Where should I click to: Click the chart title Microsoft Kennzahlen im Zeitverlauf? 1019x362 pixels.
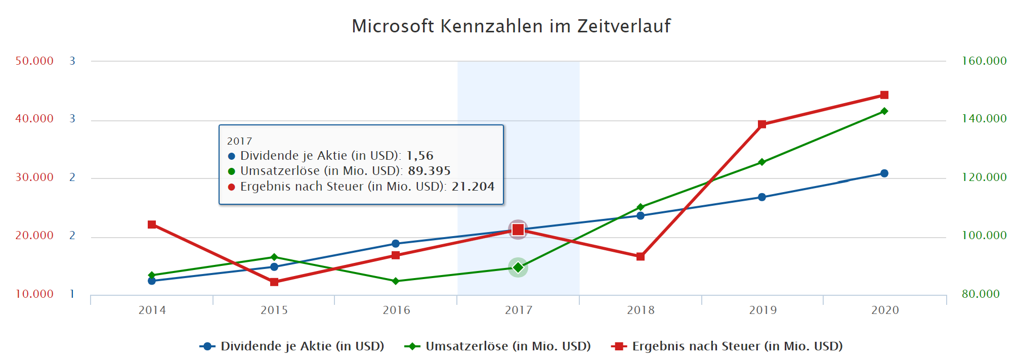click(x=511, y=26)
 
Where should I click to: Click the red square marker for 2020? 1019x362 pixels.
click(x=884, y=95)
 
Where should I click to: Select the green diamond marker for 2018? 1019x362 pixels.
click(x=640, y=207)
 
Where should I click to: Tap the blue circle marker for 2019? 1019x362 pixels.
click(x=761, y=197)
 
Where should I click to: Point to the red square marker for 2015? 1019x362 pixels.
click(x=274, y=282)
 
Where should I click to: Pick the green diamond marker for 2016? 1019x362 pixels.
click(x=396, y=281)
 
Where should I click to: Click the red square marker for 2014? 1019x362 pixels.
click(x=152, y=224)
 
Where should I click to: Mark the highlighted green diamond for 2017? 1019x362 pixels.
click(x=518, y=267)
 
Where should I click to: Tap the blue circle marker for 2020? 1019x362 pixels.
click(x=884, y=173)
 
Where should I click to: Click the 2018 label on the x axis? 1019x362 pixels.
click(x=641, y=310)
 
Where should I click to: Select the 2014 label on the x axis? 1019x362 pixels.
click(x=152, y=310)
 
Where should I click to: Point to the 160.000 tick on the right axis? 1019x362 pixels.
click(x=984, y=61)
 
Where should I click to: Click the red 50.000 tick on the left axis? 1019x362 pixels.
click(x=34, y=61)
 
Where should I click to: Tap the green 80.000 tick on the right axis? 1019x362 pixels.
click(x=981, y=294)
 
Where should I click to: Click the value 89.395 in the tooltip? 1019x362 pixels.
click(x=429, y=171)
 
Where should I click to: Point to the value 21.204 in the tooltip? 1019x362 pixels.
click(x=473, y=187)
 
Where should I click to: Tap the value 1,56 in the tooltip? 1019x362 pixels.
click(x=419, y=156)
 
